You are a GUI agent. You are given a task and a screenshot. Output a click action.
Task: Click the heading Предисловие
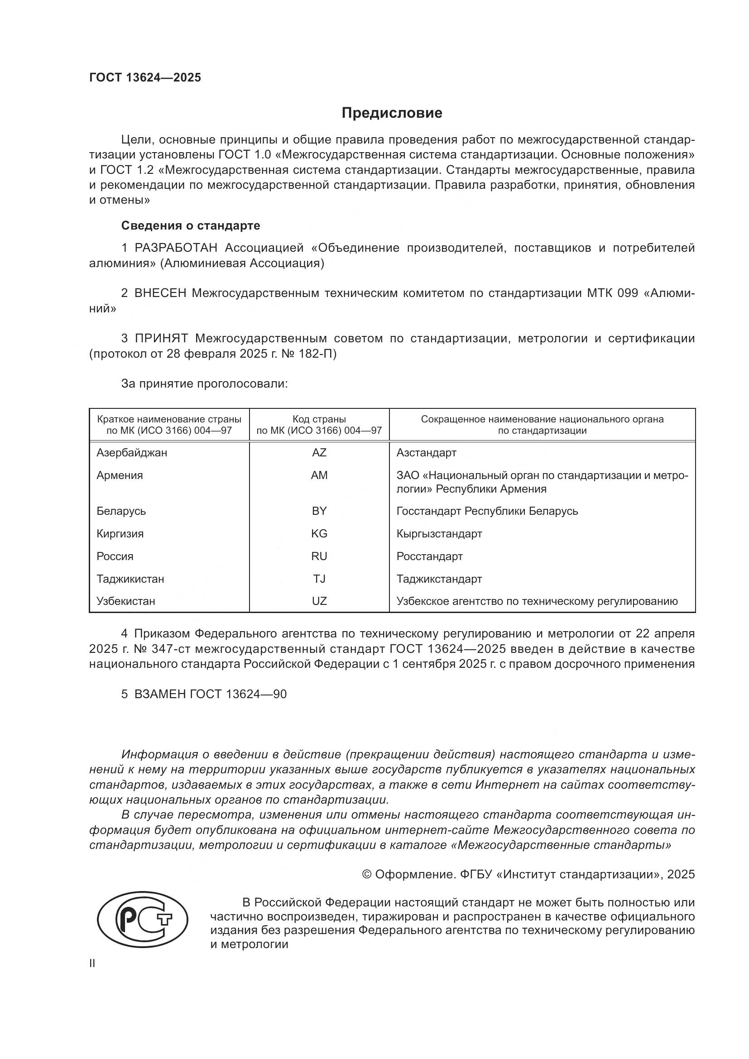[x=392, y=113]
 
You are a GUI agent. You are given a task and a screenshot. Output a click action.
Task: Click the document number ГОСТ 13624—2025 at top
[x=145, y=77]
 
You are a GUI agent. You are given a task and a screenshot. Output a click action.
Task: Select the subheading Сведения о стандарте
[x=191, y=225]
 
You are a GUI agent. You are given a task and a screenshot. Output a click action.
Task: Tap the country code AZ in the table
[x=319, y=452]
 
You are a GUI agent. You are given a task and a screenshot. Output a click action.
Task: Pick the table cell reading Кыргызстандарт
[x=439, y=534]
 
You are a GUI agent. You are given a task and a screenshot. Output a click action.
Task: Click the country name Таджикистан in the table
[x=130, y=579]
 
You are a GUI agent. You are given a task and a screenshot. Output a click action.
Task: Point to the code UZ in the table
[x=319, y=601]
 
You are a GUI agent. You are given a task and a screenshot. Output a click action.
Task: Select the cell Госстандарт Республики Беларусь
[x=487, y=511]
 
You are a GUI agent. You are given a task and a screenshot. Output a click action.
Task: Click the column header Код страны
[x=319, y=419]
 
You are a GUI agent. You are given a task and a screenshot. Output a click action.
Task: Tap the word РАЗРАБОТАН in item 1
[x=176, y=248]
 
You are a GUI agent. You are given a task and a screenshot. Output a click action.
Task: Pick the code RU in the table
[x=319, y=556]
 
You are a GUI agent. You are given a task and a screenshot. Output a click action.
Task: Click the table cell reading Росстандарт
[x=429, y=556]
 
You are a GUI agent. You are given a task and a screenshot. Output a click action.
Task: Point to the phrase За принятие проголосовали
[x=204, y=384]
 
